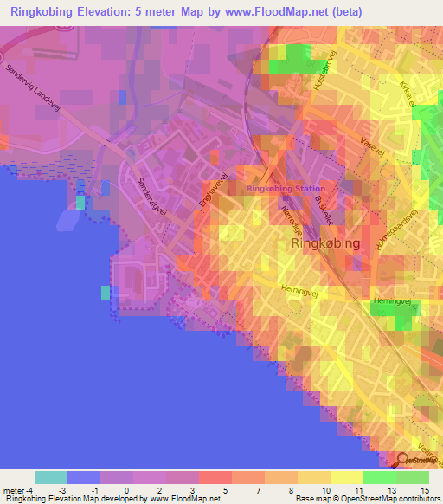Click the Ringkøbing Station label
[286, 189]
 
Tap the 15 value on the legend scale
[424, 491]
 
